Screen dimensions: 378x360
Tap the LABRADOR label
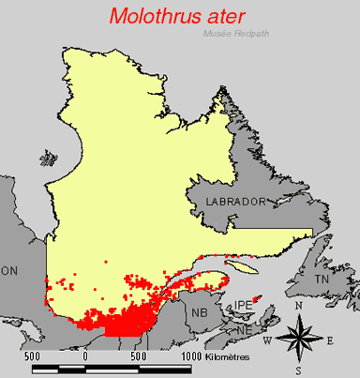228,202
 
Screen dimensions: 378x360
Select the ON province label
10,270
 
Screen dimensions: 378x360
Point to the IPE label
244,306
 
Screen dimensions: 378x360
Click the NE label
244,329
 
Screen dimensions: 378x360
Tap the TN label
322,280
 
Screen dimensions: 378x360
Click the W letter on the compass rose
267,340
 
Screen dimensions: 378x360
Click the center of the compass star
300,339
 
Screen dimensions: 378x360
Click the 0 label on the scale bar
86,357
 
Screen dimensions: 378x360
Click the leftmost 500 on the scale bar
31,357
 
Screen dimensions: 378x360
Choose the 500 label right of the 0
140,357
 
